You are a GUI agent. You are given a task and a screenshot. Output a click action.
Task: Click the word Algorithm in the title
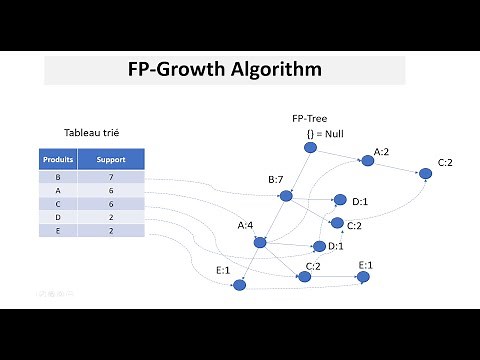tap(272, 71)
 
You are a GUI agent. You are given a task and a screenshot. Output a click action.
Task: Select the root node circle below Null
tap(310, 149)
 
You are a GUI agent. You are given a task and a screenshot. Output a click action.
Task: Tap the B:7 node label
tap(277, 180)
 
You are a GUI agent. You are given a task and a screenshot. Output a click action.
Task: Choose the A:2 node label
tap(382, 153)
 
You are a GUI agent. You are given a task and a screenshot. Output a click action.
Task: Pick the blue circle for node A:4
tap(260, 241)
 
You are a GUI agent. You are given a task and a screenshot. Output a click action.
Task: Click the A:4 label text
tap(247, 226)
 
